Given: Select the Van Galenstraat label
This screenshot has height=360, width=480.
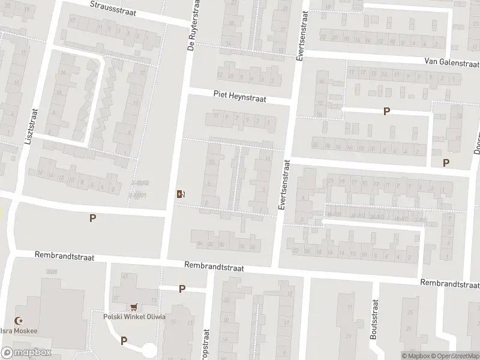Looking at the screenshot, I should pos(451,62).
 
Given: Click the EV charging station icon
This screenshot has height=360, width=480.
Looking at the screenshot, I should pos(181,193).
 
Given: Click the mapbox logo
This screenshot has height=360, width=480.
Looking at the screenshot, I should pos(26,352).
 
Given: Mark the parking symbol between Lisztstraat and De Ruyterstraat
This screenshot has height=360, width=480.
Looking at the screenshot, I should pos(92,218).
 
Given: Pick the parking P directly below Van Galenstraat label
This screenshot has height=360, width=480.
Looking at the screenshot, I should pos(387,111).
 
